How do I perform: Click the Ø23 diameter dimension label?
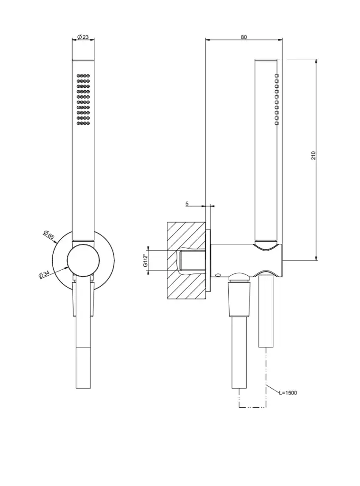point(83,37)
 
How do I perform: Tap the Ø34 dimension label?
point(44,274)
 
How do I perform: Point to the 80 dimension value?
point(244,37)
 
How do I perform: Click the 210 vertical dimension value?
point(314,155)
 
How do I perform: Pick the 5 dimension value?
point(187,204)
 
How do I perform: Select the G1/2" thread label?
point(145,261)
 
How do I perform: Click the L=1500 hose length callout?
point(288,393)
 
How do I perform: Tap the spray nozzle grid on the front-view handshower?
point(83,100)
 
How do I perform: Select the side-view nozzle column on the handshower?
point(277,100)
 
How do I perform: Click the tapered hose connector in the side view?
point(239,300)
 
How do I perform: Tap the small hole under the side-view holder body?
point(218,275)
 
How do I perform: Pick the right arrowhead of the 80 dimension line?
point(280,40)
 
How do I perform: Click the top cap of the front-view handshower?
point(83,59)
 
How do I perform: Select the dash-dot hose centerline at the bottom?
point(253,406)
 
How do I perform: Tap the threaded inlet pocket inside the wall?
point(192,261)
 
